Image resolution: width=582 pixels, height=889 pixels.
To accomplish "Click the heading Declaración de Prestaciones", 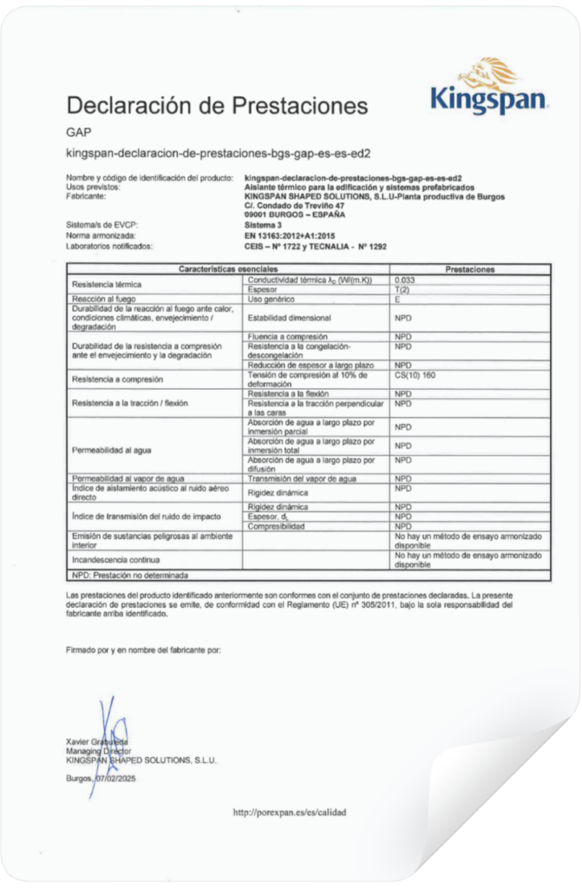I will pos(217,106).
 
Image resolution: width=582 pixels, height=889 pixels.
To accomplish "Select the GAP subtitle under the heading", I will pos(78,133).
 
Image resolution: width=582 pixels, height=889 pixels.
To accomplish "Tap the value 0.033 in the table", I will pos(405,280).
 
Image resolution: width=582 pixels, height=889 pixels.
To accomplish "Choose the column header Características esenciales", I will pos(228,270).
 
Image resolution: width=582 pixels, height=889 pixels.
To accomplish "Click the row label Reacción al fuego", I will pos(102,299).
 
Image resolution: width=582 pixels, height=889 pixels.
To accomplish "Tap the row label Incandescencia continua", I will pos(114,560).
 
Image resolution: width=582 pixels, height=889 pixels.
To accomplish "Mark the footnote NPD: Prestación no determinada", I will pos(130,575).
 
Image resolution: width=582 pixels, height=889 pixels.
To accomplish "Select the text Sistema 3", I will pos(265,225).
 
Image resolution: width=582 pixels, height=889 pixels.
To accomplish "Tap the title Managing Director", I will pos(97,750).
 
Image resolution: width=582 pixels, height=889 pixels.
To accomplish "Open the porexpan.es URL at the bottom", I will pos(290,813).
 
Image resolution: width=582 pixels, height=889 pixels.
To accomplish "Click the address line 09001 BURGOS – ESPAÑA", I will pos(295,214).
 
